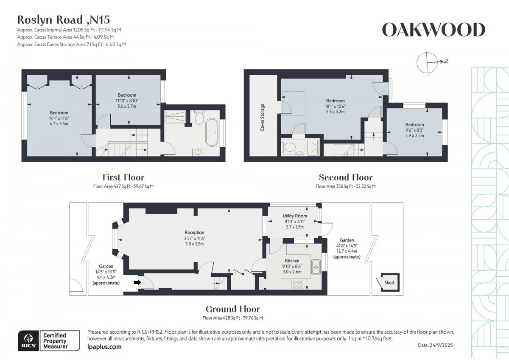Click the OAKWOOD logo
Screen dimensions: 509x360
coord(433,30)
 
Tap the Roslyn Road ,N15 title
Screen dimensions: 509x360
coord(64,20)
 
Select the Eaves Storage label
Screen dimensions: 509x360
coord(263,117)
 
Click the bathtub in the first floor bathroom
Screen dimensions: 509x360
coord(212,132)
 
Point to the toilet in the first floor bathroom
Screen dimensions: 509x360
coord(199,118)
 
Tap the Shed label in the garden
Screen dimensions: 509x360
coord(389,283)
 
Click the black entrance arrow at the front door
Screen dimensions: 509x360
coord(137,282)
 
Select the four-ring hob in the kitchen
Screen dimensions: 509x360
coord(297,284)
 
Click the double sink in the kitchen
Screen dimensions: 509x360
coord(316,267)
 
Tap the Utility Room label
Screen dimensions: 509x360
coord(295,216)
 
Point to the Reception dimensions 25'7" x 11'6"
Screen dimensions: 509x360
coord(195,239)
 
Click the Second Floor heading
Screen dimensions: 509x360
coord(346,177)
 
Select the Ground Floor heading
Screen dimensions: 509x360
coord(233,309)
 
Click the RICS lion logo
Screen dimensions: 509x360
coord(29,340)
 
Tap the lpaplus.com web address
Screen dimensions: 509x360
coord(104,347)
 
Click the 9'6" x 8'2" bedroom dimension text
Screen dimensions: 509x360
coord(414,130)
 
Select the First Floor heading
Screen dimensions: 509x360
coord(123,177)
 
